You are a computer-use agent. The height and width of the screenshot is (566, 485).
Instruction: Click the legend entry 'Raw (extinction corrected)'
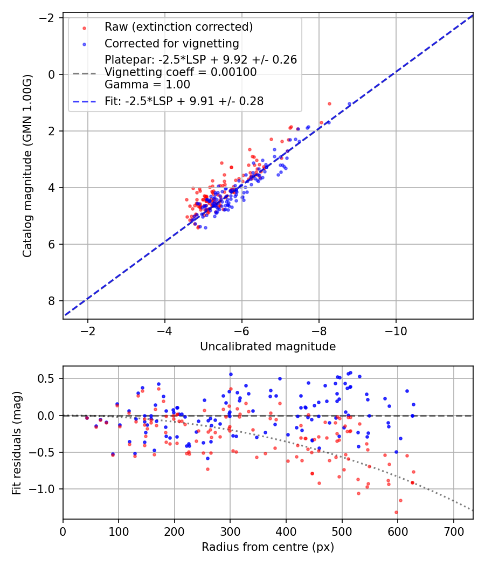coord(178,27)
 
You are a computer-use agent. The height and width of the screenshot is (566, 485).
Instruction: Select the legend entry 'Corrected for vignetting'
coord(171,43)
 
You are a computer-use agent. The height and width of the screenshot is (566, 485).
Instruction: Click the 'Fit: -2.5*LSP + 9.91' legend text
coord(184,101)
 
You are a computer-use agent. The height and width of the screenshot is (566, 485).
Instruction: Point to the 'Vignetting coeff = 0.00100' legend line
coord(181,72)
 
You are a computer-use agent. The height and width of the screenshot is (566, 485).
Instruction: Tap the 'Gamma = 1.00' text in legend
coord(147,85)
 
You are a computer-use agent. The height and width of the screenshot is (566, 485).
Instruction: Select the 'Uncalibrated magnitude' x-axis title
coord(268,347)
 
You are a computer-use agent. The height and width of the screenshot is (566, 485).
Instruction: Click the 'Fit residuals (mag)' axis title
coord(17,443)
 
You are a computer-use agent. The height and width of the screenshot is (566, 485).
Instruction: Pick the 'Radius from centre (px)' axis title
coord(268,547)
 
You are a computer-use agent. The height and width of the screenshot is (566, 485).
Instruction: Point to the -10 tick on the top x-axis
coord(396,330)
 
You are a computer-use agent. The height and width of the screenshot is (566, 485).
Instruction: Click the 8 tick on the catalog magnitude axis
coord(52,301)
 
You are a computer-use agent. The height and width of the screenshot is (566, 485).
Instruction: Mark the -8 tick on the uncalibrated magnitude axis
coord(318,330)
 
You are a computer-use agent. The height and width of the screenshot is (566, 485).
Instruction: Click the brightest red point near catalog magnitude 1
coord(329,103)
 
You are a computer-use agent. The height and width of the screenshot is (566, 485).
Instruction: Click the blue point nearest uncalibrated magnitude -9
coord(349,103)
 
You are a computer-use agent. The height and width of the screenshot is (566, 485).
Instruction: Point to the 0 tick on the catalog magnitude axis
coord(52,74)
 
